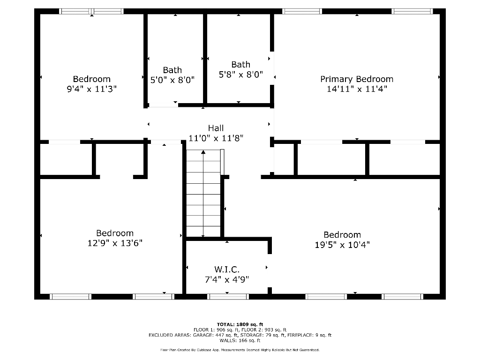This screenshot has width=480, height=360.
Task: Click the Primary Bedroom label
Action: [x=357, y=79]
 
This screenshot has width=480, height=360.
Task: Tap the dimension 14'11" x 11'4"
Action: [x=357, y=89]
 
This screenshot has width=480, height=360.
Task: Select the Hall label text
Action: [x=216, y=128]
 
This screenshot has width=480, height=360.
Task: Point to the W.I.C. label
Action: [x=227, y=270]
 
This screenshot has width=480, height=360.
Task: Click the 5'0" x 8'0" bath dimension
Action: [x=172, y=80]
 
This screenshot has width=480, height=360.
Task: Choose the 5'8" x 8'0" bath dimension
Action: [x=241, y=74]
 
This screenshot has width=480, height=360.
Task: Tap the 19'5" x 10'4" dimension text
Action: [x=342, y=244]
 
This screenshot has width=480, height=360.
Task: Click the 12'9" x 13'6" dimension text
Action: [x=115, y=243]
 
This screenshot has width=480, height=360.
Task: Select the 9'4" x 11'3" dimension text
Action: [x=91, y=89]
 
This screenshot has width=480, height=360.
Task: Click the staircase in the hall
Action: [x=203, y=195]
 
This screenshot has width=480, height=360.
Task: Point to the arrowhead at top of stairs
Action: [x=203, y=152]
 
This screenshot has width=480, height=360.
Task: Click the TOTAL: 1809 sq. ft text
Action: [x=240, y=324]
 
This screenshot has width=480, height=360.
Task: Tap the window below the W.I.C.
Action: [x=228, y=296]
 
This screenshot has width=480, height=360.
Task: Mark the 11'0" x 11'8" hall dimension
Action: [x=216, y=138]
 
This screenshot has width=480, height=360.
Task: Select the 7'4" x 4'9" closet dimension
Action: [x=227, y=279]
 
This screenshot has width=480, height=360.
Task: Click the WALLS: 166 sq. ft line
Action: [x=240, y=340]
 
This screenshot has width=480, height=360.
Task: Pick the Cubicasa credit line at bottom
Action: [x=240, y=350]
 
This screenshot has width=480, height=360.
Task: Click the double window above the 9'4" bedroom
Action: [x=91, y=11]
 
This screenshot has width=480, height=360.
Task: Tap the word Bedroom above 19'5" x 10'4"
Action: [x=342, y=234]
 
